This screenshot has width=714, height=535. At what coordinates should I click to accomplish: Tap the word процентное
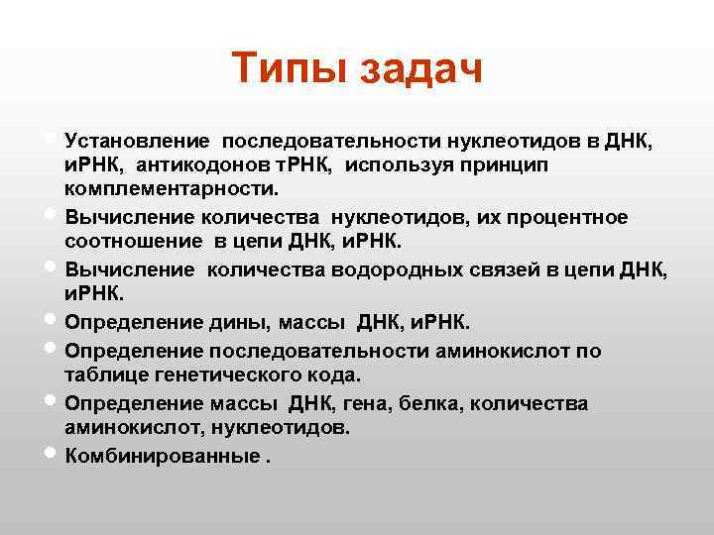pyautogui.click(x=569, y=216)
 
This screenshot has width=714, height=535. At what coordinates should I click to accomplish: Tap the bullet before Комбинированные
pyautogui.click(x=51, y=456)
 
